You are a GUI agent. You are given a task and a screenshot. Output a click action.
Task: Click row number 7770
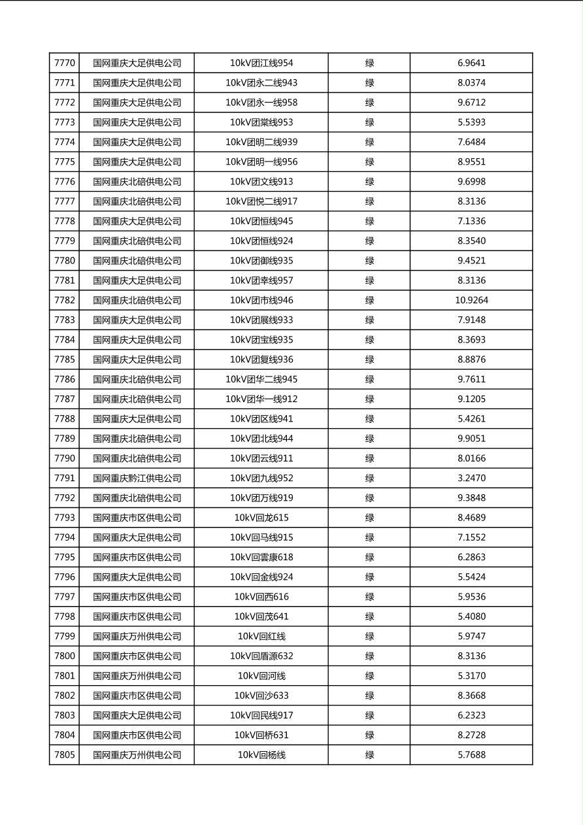pos(65,63)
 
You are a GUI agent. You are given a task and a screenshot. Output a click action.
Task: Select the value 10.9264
pos(471,301)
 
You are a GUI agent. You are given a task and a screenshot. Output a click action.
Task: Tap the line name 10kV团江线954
pos(261,63)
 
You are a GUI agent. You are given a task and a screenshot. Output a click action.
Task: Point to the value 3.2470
pos(471,479)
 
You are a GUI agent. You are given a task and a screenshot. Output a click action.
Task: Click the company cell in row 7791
pos(137,479)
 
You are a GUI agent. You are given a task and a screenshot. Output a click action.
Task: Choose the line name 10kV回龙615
pos(261,518)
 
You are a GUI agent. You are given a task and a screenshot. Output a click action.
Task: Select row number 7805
pos(65,755)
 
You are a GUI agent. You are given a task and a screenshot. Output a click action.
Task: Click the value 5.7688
pos(471,755)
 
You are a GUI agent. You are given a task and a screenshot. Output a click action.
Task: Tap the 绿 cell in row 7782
pos(369,301)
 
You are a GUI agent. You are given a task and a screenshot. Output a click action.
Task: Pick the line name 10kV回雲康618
pos(261,558)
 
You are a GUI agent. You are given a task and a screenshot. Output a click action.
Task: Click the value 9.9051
pos(471,439)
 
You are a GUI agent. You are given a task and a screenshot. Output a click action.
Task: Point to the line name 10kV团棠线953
pos(261,122)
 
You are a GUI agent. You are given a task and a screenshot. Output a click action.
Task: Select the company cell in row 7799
pos(137,637)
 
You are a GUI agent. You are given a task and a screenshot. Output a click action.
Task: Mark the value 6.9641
pos(471,63)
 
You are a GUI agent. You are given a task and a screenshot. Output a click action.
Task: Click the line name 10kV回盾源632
pos(261,656)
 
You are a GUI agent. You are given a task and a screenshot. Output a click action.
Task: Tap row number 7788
pos(65,419)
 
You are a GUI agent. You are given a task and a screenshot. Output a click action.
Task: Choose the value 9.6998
pos(471,182)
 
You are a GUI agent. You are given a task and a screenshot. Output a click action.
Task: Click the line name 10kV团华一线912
pos(261,399)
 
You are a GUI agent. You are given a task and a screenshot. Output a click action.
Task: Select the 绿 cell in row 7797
pos(369,597)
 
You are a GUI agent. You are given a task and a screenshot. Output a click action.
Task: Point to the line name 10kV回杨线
pos(261,755)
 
